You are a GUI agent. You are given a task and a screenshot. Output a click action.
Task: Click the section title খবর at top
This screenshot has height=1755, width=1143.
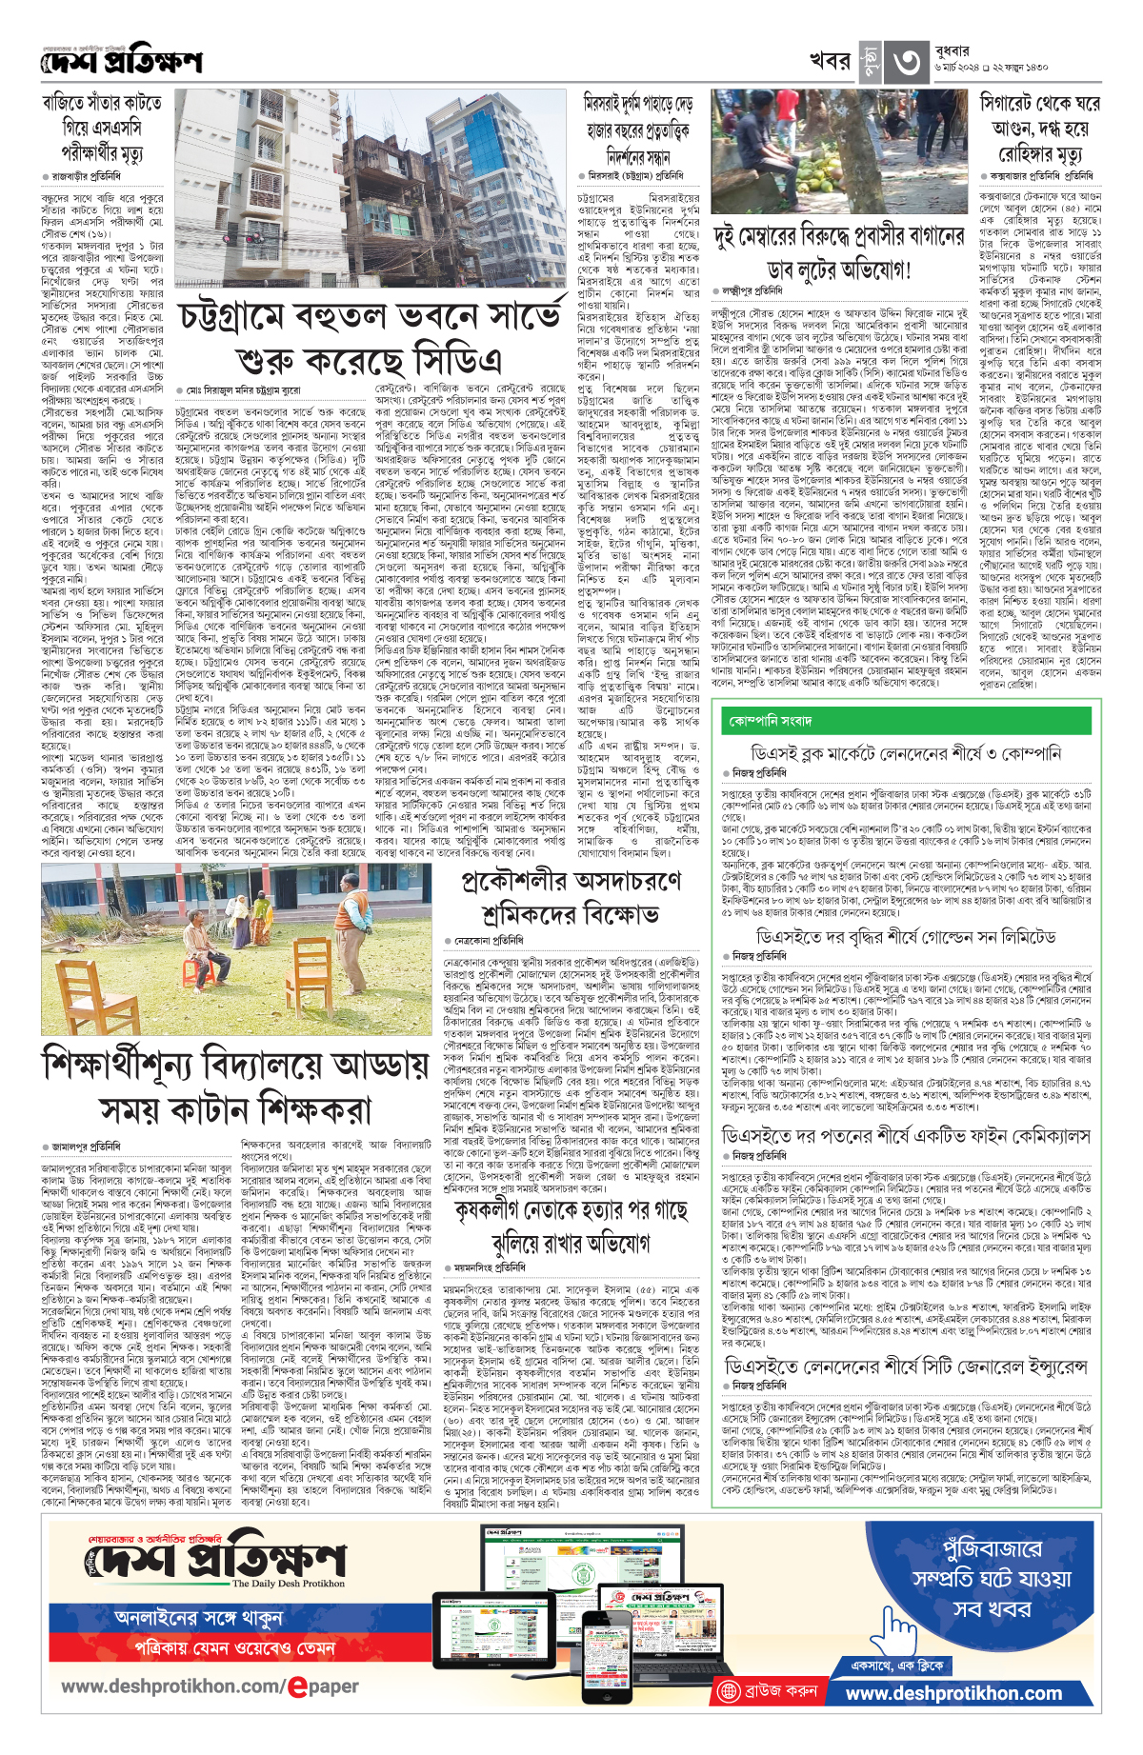(829, 61)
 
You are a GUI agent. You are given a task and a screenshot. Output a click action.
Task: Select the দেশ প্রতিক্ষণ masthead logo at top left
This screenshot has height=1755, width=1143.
(122, 63)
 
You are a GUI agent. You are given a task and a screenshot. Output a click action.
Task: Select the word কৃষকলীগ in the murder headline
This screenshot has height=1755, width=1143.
(499, 1211)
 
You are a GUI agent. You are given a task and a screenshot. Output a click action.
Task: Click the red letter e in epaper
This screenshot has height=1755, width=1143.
(297, 1686)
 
